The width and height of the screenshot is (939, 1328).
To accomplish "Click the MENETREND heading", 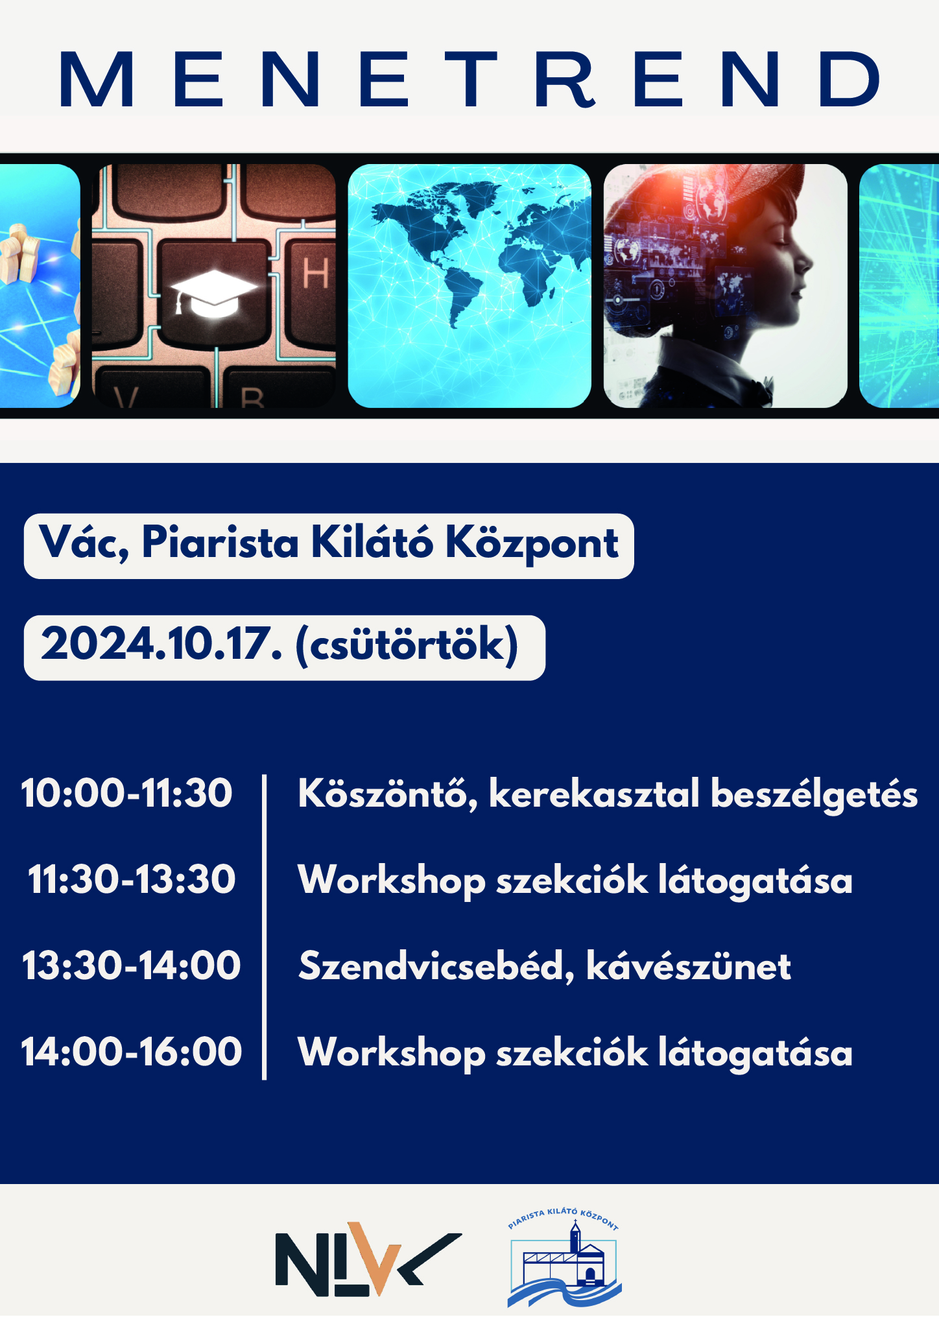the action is [x=469, y=79].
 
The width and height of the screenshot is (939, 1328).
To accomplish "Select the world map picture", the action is [x=469, y=286].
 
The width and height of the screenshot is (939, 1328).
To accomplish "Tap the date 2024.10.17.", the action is [x=161, y=645].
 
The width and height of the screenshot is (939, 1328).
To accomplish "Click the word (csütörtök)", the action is [x=407, y=646].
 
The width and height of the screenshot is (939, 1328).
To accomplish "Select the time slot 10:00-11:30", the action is [x=127, y=793].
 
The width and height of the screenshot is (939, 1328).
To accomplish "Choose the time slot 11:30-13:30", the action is [x=132, y=880].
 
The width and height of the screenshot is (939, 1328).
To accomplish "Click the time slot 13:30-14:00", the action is [x=132, y=966].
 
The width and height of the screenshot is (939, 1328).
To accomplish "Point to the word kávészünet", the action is [x=689, y=966].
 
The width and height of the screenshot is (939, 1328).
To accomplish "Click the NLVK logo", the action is [x=368, y=1259].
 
